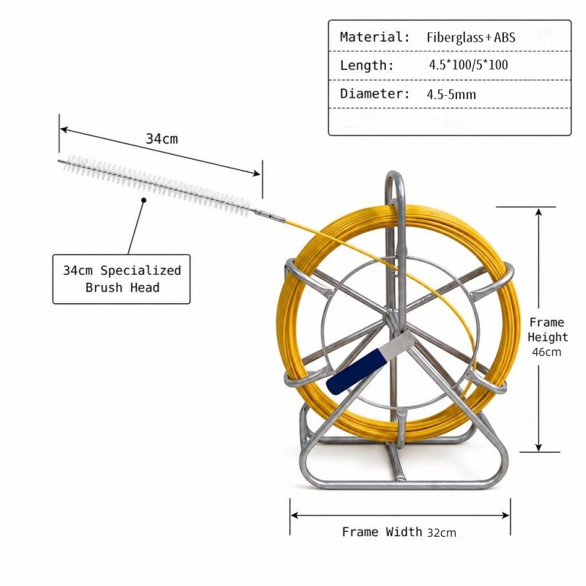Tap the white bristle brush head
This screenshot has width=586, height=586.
point(155,183)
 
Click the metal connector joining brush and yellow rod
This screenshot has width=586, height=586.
point(269,215)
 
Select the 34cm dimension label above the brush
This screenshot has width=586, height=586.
point(162,139)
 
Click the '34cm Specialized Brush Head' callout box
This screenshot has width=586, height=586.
point(122,279)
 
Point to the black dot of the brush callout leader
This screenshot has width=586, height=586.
point(144,200)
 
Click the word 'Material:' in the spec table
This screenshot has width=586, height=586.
point(375,37)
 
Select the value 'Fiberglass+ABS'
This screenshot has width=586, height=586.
point(471,37)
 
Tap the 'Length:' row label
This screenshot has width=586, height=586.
point(367,65)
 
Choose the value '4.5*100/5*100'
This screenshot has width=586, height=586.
point(468,65)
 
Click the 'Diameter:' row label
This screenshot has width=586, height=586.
point(375,94)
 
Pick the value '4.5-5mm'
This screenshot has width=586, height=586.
point(451,94)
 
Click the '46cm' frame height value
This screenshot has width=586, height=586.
point(546,352)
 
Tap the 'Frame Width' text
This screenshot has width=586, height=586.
point(382,532)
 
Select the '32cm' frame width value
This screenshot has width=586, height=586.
point(442,533)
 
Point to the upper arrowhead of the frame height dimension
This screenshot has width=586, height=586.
point(538,212)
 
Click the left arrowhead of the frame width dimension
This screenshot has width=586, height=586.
point(294,516)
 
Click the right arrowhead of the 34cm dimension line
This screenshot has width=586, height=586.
point(257,173)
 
